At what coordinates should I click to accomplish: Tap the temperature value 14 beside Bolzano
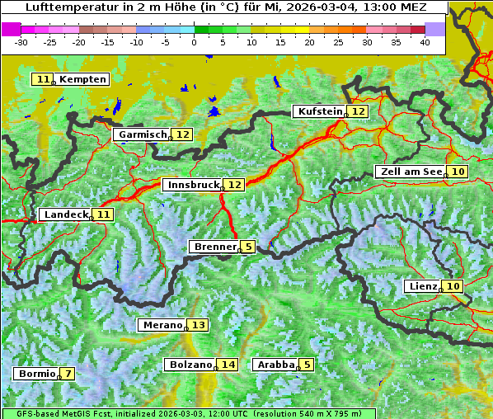228,365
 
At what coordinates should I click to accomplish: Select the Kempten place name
82,79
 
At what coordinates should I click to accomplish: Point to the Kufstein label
319,111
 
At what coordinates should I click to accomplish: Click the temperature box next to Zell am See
459,172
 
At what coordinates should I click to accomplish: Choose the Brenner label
214,247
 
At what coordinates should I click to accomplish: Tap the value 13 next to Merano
199,326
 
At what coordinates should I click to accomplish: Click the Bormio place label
36,374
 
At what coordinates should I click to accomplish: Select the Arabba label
275,365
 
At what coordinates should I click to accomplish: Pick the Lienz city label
423,286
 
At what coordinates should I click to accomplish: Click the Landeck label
64,214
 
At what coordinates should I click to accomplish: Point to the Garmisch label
142,134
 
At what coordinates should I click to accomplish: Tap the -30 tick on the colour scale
21,42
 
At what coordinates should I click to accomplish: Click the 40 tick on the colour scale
425,42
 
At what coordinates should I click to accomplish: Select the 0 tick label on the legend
195,42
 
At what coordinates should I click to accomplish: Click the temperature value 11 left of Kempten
44,79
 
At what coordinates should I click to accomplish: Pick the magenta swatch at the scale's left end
12,29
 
